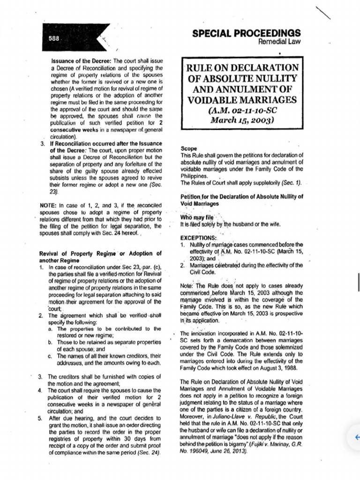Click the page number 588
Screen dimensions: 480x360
tap(54, 39)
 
